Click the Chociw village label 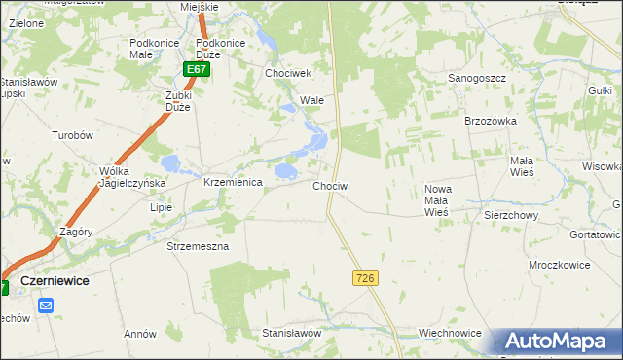330,185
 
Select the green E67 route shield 197,70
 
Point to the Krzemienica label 233,183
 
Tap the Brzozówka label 489,121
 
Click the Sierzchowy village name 511,216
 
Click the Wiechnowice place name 450,333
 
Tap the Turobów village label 72,136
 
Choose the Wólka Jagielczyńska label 132,177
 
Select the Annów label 140,334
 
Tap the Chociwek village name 287,74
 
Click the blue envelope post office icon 46,306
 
